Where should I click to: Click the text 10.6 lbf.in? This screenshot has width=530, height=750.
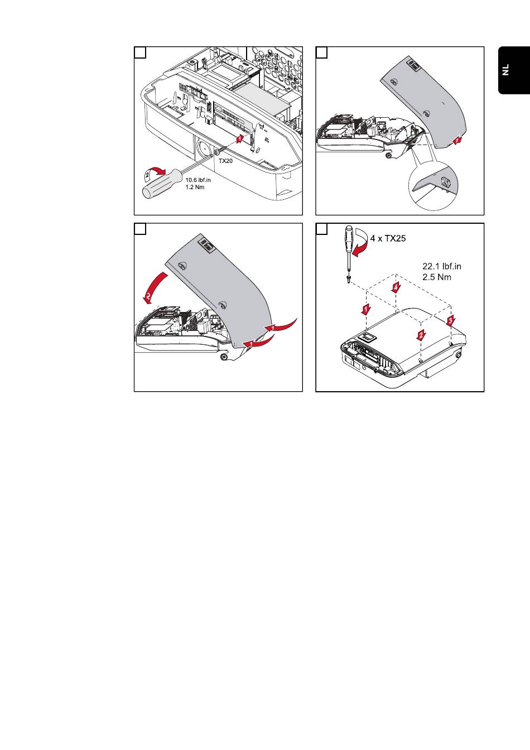pyautogui.click(x=198, y=180)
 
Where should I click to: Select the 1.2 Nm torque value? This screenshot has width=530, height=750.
pyautogui.click(x=195, y=187)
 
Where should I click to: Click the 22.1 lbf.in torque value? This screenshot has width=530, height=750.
pyautogui.click(x=442, y=267)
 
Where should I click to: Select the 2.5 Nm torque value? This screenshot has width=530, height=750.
pyautogui.click(x=437, y=277)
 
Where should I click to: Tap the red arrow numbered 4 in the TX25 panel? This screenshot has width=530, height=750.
pyautogui.click(x=396, y=288)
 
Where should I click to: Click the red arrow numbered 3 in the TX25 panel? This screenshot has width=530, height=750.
pyautogui.click(x=451, y=320)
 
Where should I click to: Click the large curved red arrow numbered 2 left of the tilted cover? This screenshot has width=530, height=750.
pyautogui.click(x=153, y=288)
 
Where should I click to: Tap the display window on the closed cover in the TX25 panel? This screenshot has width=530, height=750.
pyautogui.click(x=369, y=336)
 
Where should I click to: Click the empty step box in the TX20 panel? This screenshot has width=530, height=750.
pyautogui.click(x=141, y=52)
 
